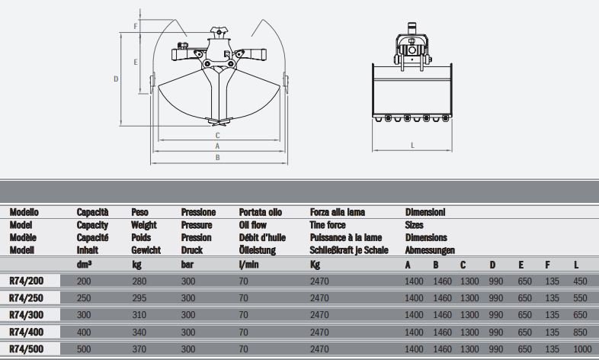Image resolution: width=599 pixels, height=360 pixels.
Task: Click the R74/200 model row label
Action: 27,281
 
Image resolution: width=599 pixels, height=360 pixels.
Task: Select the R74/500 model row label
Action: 27,349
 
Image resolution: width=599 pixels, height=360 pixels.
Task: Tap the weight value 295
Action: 139,298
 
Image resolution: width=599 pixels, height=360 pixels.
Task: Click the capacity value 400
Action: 84,332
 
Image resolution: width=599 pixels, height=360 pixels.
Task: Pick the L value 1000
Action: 582,349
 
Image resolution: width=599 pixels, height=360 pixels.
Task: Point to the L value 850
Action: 580,332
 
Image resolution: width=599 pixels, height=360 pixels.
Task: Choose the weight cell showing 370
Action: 139,349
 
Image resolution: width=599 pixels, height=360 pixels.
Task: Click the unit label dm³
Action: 84,264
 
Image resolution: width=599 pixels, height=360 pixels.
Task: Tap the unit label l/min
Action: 248,264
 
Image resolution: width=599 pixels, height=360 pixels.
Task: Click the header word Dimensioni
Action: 425,212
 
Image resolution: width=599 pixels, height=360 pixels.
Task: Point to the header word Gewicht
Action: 146,250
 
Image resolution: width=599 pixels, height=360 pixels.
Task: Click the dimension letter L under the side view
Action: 412,145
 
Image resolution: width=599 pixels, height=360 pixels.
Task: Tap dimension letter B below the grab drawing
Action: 218,157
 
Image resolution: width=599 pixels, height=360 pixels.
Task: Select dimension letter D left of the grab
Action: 116,79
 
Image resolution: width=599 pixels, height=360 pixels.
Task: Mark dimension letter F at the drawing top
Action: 135,27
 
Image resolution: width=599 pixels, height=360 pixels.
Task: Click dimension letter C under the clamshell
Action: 218,135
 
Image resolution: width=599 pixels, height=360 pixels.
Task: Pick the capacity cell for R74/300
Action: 84,315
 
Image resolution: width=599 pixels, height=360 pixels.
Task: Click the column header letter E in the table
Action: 521,265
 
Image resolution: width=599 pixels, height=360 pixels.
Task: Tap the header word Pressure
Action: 197,225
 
